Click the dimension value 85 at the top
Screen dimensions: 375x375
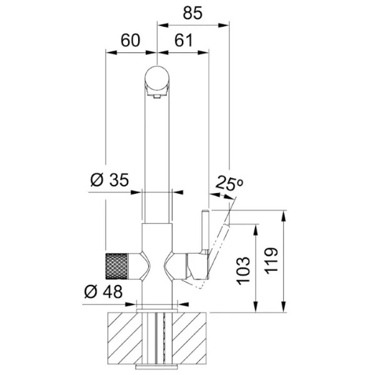click(x=192, y=13)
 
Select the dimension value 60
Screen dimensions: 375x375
click(x=130, y=40)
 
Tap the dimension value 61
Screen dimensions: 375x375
click(x=183, y=40)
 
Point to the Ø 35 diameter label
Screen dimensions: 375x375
click(x=110, y=179)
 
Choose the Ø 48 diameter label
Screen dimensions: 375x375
click(x=103, y=291)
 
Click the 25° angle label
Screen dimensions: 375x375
click(x=229, y=183)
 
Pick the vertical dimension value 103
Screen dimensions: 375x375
click(x=244, y=271)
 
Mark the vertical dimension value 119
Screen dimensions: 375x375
click(x=271, y=261)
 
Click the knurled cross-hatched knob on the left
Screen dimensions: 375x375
click(x=117, y=266)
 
